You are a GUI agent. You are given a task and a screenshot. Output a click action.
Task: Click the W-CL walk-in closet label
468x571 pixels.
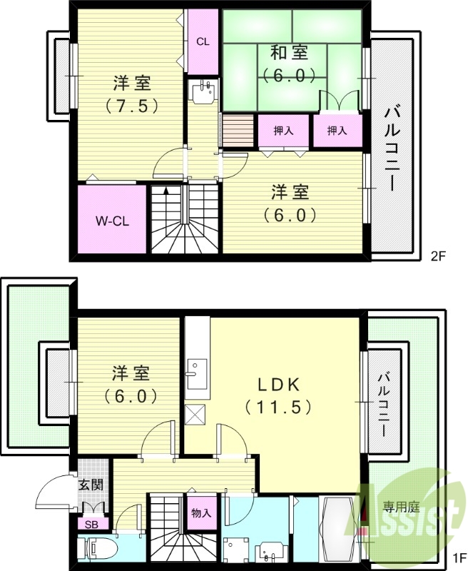click(112, 221)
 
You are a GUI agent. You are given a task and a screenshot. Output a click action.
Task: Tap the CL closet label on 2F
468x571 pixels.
click(203, 41)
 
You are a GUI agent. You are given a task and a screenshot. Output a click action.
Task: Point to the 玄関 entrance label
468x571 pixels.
click(91, 485)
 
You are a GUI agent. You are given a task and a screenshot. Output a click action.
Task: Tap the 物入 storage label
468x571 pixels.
click(201, 512)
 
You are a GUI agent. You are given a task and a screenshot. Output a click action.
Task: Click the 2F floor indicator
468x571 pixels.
click(437, 254)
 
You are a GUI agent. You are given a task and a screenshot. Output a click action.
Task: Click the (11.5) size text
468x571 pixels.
click(278, 408)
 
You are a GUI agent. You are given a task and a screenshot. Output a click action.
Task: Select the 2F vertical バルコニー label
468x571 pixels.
click(392, 148)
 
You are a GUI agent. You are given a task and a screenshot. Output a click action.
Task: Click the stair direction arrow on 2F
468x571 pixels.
click(166, 190)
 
